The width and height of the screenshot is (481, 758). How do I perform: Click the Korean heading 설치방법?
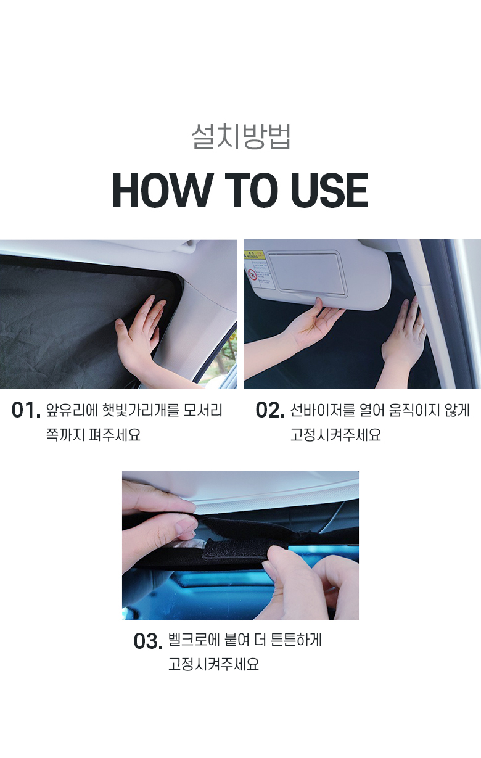click(x=240, y=137)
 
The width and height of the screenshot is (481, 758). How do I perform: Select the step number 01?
click(x=26, y=410)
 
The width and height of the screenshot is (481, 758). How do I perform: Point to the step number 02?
click(x=270, y=410)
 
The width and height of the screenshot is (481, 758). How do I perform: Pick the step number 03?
click(x=148, y=641)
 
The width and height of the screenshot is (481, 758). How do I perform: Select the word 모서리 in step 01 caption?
click(x=203, y=410)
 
